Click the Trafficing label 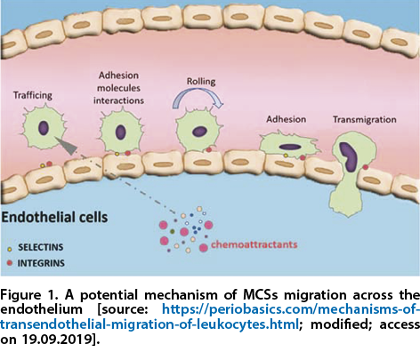pos(33,95)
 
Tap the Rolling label pos(201,82)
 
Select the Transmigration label pos(365,119)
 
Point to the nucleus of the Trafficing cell pos(44,128)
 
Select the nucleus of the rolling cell pos(199,132)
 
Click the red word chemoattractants pos(254,244)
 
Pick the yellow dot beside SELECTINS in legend pos(10,250)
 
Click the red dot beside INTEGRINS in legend pos(10,262)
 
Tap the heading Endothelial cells pos(54,217)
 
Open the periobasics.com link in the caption pos(210,316)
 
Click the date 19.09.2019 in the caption pos(56,340)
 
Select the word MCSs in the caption pos(260,295)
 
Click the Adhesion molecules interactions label pos(118,88)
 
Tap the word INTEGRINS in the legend pos(41,263)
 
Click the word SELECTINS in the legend pos(41,247)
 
